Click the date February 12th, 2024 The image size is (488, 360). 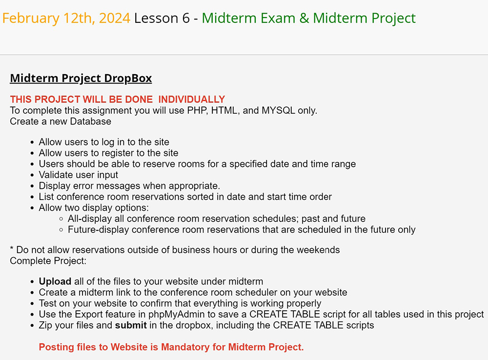click(66, 18)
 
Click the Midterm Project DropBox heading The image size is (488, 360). click(81, 79)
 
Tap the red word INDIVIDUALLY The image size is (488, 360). click(191, 99)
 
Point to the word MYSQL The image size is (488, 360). click(278, 110)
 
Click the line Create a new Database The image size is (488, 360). click(61, 121)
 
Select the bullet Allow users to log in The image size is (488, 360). click(104, 142)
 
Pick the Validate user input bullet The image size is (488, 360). click(79, 175)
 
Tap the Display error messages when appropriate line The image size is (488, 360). click(129, 186)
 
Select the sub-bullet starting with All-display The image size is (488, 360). click(217, 219)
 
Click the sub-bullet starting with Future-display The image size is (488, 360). click(242, 230)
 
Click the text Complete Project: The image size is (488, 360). click(48, 261)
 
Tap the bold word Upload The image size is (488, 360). click(55, 281)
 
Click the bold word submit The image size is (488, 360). click(131, 325)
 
